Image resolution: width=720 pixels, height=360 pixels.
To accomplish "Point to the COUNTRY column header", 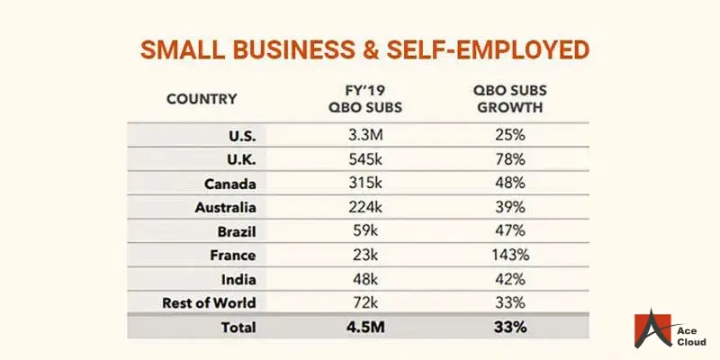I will (202, 99).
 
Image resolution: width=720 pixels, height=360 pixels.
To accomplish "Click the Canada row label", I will (229, 184).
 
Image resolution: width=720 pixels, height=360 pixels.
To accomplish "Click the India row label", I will (238, 278).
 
